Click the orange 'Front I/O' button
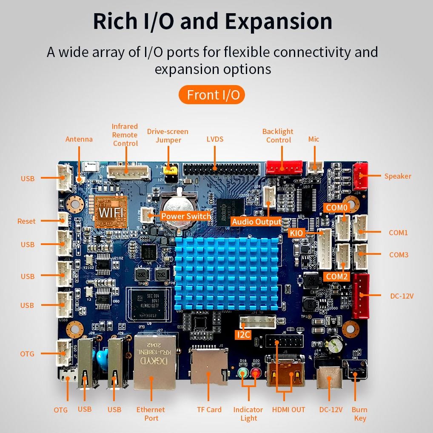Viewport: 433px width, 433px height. [211, 95]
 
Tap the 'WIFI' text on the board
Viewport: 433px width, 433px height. [111, 211]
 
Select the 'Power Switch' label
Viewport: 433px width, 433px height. [185, 216]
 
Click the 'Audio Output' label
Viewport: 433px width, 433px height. [256, 222]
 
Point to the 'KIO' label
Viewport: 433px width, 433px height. [296, 233]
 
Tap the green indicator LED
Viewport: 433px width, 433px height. [243, 374]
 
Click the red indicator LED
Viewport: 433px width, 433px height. [256, 374]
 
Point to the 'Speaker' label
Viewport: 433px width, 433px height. [398, 176]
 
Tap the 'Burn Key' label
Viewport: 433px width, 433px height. [359, 414]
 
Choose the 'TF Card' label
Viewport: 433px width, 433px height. [209, 410]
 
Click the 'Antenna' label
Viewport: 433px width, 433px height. [79, 139]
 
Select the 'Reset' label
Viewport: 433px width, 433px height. [26, 221]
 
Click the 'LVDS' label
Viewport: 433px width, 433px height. [215, 139]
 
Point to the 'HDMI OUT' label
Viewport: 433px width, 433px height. [288, 410]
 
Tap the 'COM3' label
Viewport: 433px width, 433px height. [399, 255]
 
